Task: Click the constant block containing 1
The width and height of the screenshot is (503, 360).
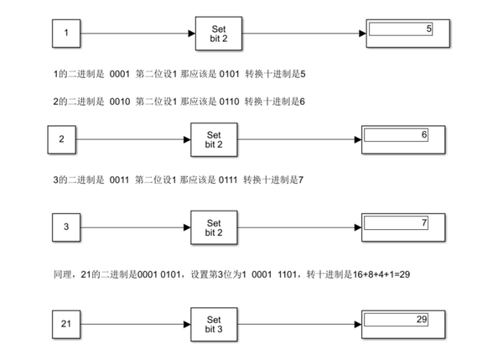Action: (66, 34)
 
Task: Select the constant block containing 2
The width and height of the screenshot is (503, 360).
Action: (62, 139)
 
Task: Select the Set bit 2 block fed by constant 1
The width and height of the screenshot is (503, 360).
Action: (217, 34)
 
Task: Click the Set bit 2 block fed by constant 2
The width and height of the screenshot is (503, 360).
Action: (213, 139)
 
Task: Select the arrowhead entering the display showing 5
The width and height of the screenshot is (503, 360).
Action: (363, 34)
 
